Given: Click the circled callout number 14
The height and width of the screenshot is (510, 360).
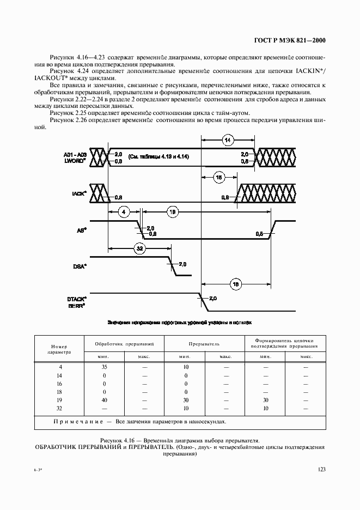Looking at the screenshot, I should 227,141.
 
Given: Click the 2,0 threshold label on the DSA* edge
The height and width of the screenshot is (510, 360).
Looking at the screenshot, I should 182,264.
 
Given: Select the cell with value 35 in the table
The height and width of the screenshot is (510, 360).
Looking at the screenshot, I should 103,368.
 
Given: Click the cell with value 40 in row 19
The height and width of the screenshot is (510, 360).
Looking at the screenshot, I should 103,400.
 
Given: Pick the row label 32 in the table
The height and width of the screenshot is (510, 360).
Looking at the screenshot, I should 59,408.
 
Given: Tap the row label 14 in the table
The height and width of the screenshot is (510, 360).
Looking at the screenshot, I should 59,376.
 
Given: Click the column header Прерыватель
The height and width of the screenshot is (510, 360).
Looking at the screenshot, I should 204,344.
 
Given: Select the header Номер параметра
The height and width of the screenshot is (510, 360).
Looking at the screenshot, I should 59,349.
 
